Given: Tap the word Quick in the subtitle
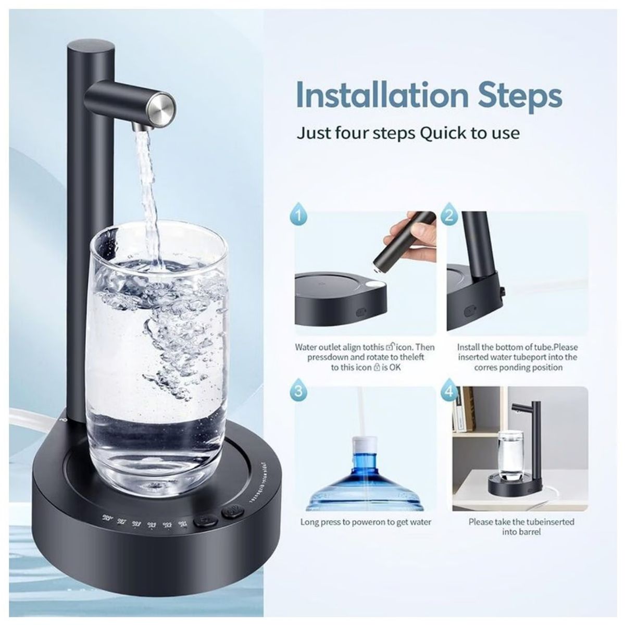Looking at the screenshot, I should pos(443,133).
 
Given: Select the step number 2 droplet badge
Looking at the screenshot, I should pos(450,215).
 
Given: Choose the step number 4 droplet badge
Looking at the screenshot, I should pos(450,391).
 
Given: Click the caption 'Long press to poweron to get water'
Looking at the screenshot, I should pos(366,522).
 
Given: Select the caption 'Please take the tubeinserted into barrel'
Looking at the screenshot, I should pos(521,527).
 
